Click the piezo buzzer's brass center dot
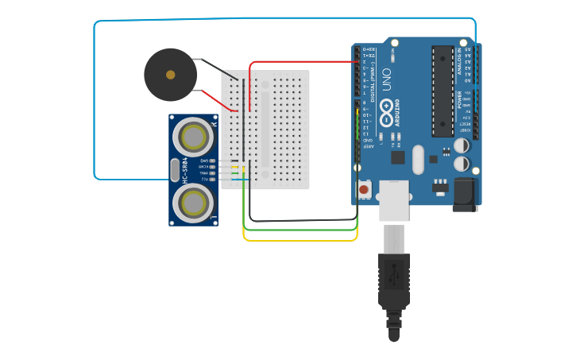click(170, 75)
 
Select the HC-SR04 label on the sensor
click(186, 170)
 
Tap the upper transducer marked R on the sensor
click(193, 137)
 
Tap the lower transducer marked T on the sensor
click(193, 204)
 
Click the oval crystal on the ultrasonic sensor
click(175, 170)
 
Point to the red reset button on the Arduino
click(364, 189)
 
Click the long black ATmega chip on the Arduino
click(442, 90)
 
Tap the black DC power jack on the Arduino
click(464, 194)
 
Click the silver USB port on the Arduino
click(394, 199)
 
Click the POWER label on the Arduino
click(459, 99)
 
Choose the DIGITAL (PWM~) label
click(373, 67)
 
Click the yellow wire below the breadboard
click(302, 239)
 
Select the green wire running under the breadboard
click(302, 230)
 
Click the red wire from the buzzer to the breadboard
click(219, 100)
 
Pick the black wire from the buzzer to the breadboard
click(219, 69)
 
